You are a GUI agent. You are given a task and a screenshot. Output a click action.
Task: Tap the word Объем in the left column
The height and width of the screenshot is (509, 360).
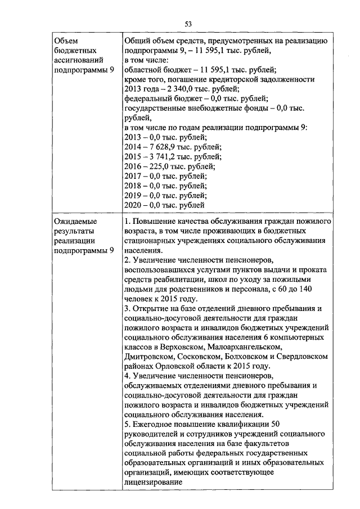[x=65, y=41]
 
